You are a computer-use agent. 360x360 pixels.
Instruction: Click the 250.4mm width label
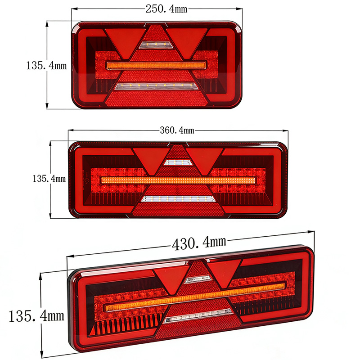(166, 9)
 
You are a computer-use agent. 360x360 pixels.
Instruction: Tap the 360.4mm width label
(177, 130)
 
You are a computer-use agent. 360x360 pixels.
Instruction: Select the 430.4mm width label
(199, 243)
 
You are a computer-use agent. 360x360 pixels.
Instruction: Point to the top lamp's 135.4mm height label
(46, 65)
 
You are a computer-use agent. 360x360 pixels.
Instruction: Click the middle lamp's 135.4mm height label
(49, 179)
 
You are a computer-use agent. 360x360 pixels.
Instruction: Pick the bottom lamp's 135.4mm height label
(36, 316)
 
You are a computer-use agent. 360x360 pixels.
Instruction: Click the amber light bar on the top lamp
(156, 65)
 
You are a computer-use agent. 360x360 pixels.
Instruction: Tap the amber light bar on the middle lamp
(178, 180)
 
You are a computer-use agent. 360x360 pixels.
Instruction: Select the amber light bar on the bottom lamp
(195, 297)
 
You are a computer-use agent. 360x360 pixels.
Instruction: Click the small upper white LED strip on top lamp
(156, 45)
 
